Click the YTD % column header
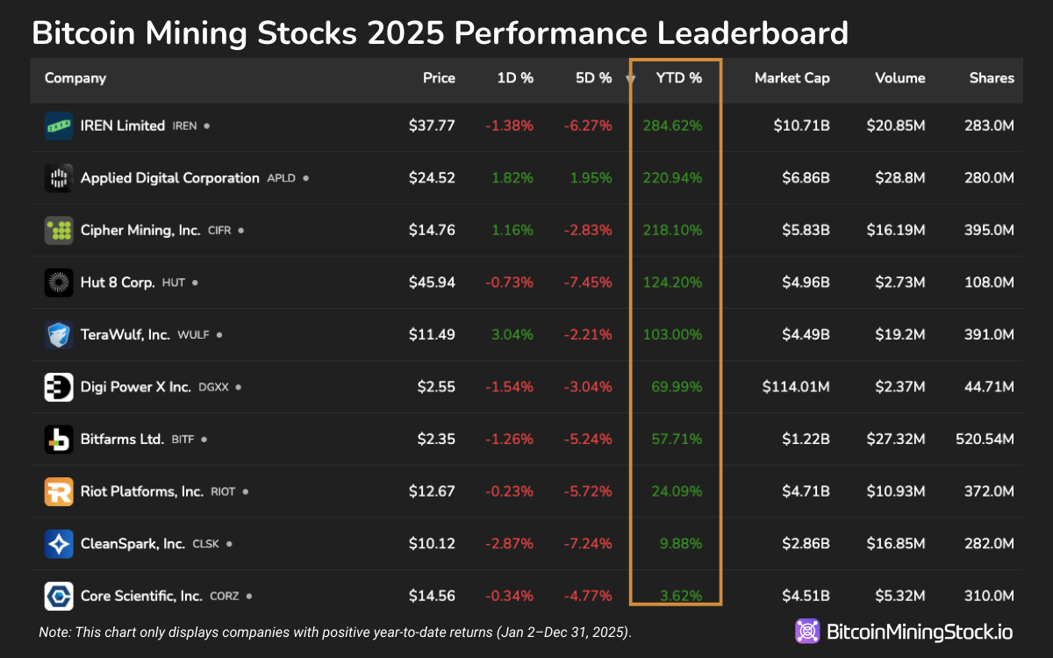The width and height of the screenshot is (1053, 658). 678,78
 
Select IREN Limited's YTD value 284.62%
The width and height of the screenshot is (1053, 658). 672,125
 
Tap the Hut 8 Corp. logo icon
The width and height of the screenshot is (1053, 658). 59,283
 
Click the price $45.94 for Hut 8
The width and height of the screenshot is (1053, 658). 432,283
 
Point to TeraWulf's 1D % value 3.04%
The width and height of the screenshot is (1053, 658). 510,334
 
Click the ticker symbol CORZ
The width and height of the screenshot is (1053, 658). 224,597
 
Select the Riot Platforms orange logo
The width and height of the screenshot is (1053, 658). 59,491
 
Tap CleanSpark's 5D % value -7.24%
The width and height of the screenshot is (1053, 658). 587,544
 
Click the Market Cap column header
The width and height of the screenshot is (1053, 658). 792,78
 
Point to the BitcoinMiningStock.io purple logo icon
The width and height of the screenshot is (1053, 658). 807,632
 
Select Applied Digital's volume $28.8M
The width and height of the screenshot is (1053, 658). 900,178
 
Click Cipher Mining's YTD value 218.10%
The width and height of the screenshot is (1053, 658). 672,230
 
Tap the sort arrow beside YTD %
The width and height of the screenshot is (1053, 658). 630,79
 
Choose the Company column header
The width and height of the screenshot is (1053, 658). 75,78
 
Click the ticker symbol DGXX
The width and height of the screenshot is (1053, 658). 214,387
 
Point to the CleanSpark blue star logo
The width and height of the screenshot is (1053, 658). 59,544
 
